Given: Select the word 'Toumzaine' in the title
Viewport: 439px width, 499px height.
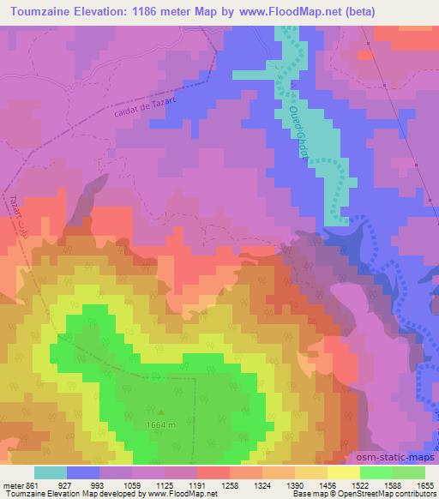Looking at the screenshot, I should coord(44,9).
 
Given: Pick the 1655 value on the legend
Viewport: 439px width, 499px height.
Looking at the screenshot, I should coord(424,486).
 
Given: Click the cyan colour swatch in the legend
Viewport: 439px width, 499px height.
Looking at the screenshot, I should coord(51,472).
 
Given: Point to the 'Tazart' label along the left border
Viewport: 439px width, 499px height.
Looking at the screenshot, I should coord(15,206).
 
